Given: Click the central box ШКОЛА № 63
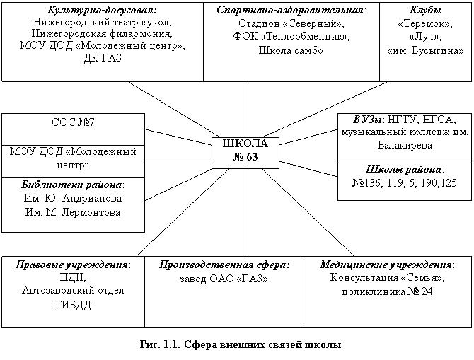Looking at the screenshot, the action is tap(245, 153).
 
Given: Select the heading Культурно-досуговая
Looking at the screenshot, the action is tap(102, 10).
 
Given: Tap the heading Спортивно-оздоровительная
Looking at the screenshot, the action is tap(290, 10).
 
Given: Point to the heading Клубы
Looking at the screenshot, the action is tap(425, 10).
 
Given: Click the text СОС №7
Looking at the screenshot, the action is tap(73, 122).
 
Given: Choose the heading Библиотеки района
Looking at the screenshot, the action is tap(71, 185).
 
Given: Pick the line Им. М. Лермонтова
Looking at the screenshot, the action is tap(73, 212).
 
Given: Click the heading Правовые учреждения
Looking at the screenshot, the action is tap(71, 265).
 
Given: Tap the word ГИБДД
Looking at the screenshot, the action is tap(73, 305).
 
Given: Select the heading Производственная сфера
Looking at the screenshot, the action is tap(224, 265).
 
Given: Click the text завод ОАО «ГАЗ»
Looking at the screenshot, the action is tap(224, 279).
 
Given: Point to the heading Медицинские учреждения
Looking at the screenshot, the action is tap(386, 265).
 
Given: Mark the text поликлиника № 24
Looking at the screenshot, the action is tap(387, 291).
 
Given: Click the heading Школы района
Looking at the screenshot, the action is tap(403, 169).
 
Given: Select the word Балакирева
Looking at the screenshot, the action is tap(405, 146).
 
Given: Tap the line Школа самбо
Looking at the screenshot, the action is tap(291, 50).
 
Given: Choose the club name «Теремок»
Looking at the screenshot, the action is tap(425, 23).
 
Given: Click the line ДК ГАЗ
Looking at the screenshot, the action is tap(103, 58).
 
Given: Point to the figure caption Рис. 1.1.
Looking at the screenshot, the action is tap(160, 344).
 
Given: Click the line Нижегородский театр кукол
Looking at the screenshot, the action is tap(102, 22).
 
